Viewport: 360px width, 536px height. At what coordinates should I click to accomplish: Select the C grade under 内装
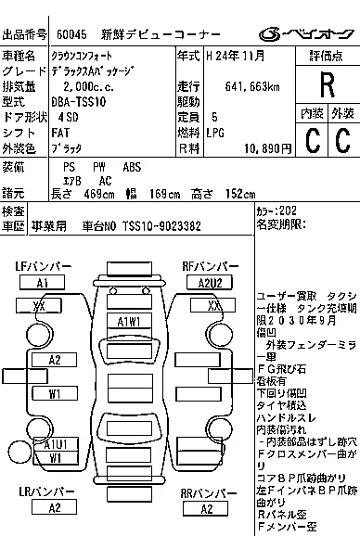[312, 140]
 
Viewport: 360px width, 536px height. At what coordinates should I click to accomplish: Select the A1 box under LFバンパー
[43, 283]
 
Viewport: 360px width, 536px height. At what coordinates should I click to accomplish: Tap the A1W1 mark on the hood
[128, 321]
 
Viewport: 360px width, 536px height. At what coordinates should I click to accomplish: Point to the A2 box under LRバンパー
[55, 507]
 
